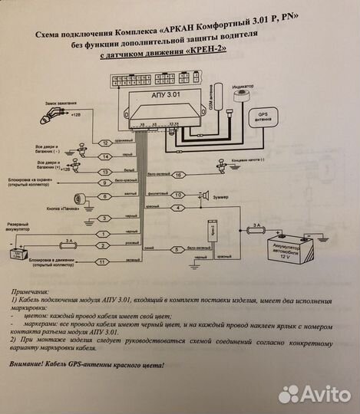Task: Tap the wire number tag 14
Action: pyautogui.click(x=107, y=157)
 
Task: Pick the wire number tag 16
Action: pyautogui.click(x=177, y=176)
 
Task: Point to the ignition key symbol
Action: pyautogui.click(x=51, y=117)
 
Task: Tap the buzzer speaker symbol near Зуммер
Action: pyautogui.click(x=206, y=195)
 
